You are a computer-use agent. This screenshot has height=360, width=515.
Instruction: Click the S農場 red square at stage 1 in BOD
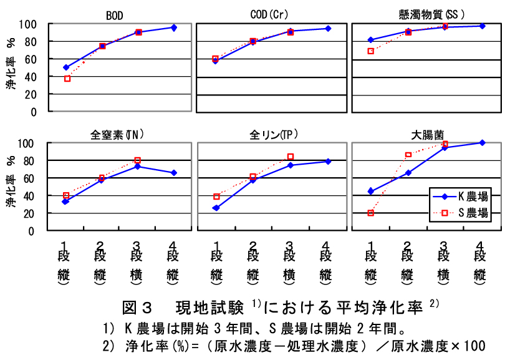[67, 79]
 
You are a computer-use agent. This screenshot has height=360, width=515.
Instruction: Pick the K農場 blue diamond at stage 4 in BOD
[174, 27]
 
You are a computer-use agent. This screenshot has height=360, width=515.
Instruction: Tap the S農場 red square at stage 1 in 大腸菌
[370, 213]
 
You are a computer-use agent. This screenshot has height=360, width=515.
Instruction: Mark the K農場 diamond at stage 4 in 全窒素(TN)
[174, 172]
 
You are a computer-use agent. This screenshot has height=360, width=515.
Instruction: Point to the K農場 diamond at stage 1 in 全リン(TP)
[216, 208]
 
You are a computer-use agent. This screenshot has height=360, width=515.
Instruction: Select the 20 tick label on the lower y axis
[31, 213]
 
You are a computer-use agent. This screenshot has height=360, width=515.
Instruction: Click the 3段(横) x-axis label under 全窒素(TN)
[138, 265]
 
